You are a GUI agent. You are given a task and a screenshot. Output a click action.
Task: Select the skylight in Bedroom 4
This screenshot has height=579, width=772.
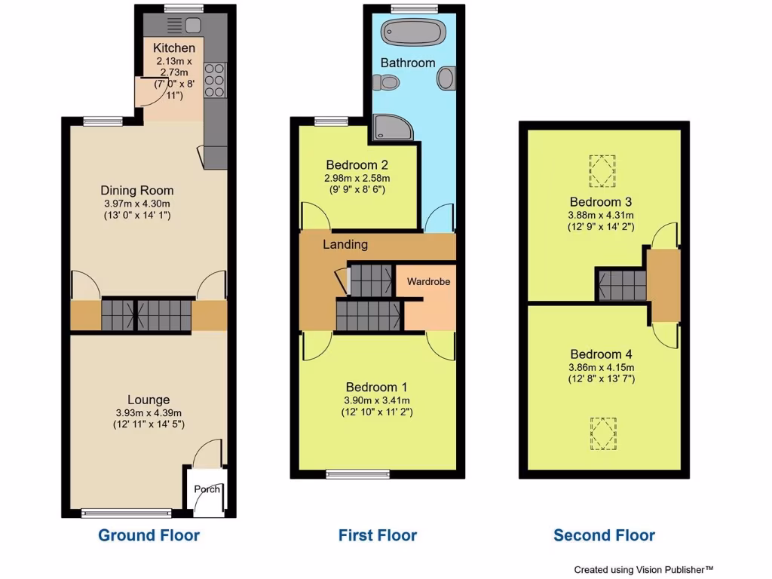[x=602, y=433]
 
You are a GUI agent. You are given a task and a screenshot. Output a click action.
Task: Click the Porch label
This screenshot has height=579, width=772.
[x=207, y=489]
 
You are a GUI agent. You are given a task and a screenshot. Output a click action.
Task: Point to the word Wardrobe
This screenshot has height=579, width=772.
[x=428, y=281]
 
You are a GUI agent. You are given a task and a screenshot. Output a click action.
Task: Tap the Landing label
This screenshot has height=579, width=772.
[x=345, y=244]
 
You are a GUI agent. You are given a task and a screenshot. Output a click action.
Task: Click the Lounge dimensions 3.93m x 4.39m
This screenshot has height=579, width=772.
[x=149, y=412]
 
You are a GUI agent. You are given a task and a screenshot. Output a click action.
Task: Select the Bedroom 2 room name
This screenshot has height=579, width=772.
[x=357, y=165]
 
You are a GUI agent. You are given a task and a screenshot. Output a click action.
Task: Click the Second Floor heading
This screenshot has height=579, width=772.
[x=604, y=535]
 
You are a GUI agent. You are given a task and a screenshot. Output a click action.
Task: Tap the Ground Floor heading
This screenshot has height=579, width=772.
[x=149, y=535]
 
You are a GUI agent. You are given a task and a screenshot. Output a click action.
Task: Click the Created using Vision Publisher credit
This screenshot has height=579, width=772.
[x=643, y=570]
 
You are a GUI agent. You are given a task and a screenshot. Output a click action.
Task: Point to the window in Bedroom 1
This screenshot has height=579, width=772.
[x=358, y=474]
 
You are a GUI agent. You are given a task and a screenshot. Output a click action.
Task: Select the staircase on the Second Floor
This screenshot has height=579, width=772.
[x=622, y=286]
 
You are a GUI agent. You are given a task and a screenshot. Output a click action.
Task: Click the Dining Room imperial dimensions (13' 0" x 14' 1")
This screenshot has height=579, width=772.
[x=138, y=216]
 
